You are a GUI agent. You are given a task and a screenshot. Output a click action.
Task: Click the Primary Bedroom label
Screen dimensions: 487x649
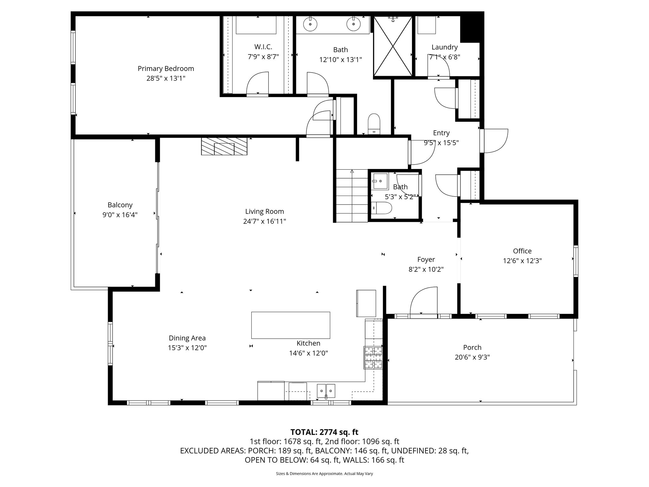(166, 68)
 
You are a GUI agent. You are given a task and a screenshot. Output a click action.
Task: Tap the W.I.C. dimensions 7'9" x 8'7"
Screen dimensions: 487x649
(263, 57)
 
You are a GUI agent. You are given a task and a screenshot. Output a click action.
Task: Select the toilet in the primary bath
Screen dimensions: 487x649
(374, 124)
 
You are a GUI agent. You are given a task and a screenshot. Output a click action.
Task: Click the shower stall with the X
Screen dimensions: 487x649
(393, 47)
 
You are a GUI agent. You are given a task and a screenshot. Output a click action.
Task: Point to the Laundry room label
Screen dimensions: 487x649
(444, 47)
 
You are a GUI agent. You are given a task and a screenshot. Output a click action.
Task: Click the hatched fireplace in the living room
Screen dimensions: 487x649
(224, 146)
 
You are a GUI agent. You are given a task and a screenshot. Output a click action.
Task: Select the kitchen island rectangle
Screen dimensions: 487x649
(290, 325)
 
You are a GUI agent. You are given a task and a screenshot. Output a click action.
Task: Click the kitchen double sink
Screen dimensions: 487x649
(326, 390)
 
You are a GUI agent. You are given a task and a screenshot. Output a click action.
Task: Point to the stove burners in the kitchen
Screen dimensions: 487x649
(373, 358)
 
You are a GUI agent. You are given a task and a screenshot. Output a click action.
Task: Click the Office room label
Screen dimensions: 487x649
(522, 251)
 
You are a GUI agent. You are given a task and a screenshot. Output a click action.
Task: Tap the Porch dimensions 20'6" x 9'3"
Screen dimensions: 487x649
(472, 357)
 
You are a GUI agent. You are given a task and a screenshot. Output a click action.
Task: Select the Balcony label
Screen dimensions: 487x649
(120, 205)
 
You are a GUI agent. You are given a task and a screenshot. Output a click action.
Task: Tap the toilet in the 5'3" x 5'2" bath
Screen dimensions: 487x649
(382, 209)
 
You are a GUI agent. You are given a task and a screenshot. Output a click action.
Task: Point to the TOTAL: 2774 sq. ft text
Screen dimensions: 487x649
(324, 432)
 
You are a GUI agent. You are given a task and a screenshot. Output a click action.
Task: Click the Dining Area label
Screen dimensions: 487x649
(187, 338)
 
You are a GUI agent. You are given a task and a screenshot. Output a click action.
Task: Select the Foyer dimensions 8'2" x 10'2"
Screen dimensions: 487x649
(426, 269)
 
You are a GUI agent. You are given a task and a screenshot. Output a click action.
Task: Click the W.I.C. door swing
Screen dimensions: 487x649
(257, 83)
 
